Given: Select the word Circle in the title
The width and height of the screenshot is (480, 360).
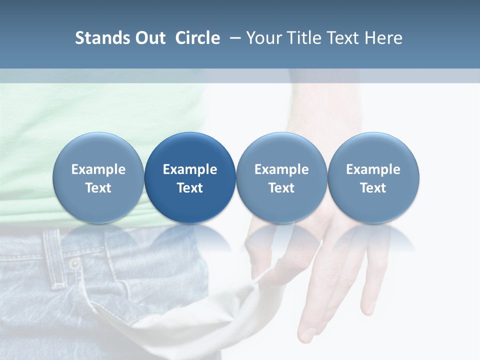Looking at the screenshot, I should [x=197, y=38].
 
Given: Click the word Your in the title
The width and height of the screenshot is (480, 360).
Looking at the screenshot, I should [x=262, y=38].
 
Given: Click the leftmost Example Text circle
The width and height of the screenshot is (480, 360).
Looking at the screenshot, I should [x=98, y=178].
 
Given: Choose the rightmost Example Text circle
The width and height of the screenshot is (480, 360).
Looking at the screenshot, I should [x=373, y=178].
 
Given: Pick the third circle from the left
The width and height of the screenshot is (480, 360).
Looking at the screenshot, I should [x=281, y=178].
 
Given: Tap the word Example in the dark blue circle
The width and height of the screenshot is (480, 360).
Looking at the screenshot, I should [x=190, y=169].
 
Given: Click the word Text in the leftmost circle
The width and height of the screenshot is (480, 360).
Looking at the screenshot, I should [x=98, y=188].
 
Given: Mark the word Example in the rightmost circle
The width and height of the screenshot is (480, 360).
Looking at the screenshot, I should [x=373, y=169].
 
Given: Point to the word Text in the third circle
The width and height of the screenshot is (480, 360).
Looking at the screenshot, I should [x=281, y=188].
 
